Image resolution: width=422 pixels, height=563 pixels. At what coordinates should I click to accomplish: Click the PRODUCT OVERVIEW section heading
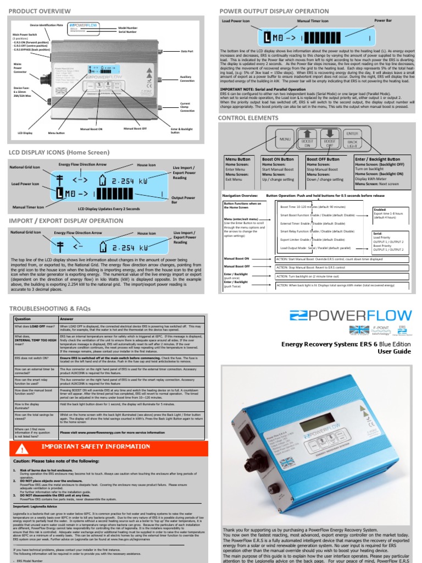40,10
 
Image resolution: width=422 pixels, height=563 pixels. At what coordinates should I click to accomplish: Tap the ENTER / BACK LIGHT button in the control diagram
352,139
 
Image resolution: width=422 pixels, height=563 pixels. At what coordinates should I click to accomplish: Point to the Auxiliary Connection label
187,78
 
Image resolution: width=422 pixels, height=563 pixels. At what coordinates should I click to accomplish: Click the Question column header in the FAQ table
23,318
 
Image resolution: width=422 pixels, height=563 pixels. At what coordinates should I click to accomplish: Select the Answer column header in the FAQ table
66,318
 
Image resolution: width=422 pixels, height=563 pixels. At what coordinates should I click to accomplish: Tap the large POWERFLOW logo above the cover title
351,316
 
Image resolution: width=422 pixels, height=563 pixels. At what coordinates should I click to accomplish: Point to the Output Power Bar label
186,200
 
